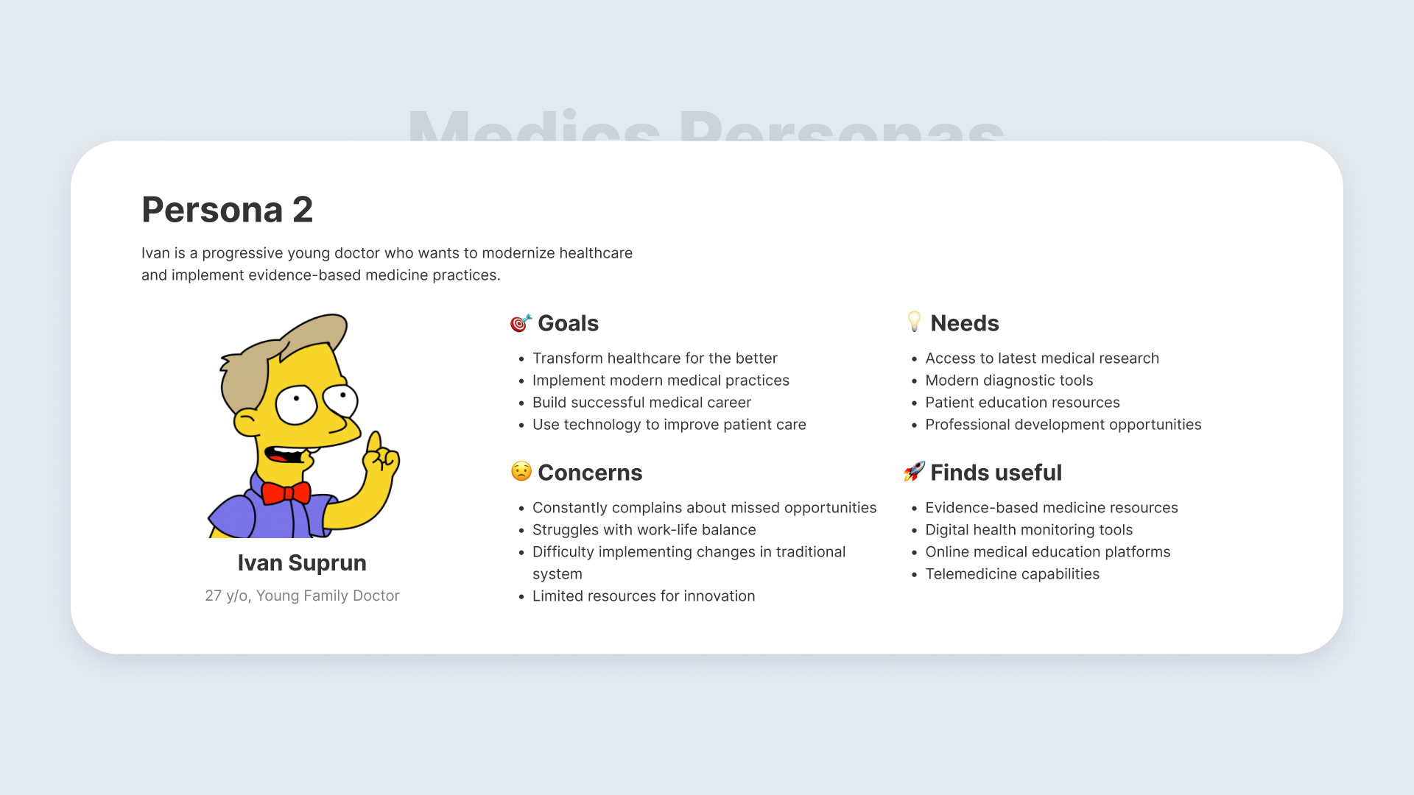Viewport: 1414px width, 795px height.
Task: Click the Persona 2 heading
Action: point(227,210)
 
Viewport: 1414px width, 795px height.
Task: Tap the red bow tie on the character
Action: point(286,492)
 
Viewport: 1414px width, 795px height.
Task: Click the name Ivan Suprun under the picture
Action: point(302,563)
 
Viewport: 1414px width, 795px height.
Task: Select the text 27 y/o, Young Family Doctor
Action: point(302,596)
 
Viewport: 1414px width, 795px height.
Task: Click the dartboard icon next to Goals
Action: point(521,323)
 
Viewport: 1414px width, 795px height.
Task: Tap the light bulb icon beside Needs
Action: point(914,322)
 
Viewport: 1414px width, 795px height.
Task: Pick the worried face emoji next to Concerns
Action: point(521,472)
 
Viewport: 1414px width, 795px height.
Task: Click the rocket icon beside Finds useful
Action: point(914,471)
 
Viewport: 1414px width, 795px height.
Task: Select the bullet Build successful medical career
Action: point(641,403)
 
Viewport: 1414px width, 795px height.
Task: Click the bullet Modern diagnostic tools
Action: point(1009,381)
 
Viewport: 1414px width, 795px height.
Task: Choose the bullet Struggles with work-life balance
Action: point(644,530)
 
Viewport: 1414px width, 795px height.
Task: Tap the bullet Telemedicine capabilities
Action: point(1012,574)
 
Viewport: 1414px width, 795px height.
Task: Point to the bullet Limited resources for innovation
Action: point(644,596)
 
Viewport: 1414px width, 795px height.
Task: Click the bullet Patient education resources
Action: point(1022,403)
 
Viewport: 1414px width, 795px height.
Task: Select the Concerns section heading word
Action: point(590,473)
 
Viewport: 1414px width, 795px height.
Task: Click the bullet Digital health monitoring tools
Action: point(1029,530)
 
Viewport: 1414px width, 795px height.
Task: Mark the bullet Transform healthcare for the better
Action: point(655,358)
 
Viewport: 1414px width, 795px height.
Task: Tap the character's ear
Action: point(246,423)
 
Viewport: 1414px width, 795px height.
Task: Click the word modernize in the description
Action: point(518,253)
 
